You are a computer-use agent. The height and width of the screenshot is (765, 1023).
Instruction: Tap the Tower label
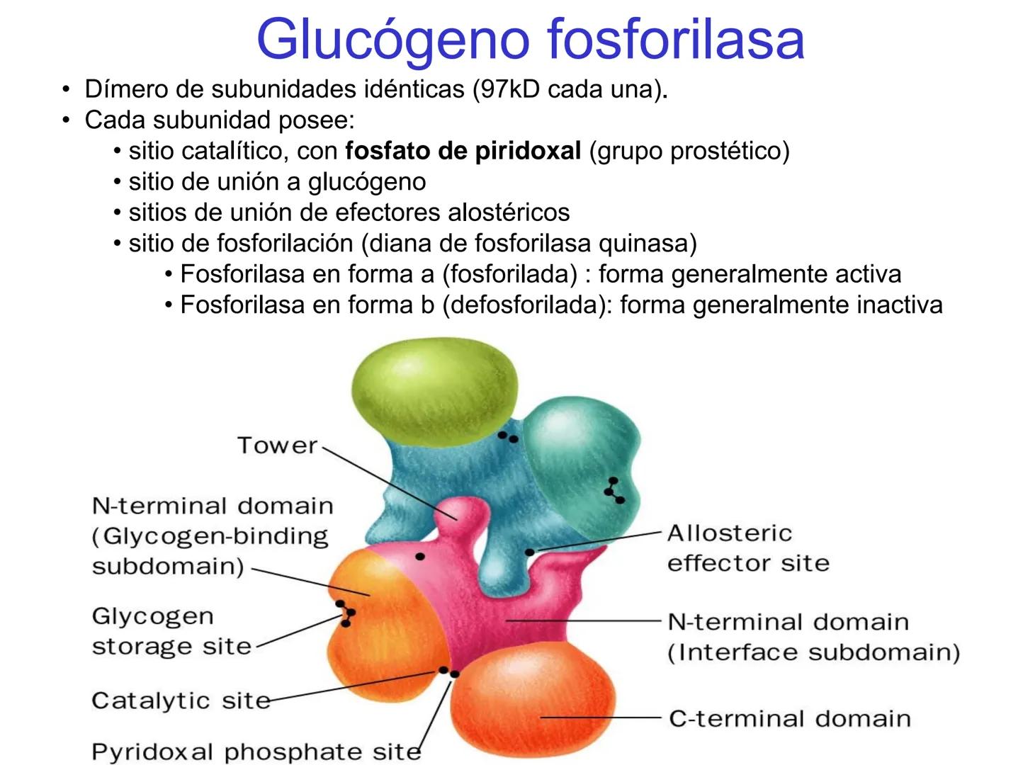tap(277, 446)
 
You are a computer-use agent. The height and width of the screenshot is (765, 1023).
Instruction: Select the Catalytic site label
tap(181, 701)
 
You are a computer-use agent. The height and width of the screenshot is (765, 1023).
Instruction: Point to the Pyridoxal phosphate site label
tap(256, 752)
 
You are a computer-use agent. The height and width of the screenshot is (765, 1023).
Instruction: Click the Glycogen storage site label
tap(171, 631)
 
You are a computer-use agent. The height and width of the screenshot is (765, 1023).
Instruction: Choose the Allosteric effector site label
tap(747, 548)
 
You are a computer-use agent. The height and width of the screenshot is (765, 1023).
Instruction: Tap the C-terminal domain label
tap(790, 718)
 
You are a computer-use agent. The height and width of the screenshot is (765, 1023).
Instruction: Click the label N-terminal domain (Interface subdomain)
tap(813, 637)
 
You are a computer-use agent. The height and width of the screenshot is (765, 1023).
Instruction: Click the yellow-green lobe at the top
tap(435, 387)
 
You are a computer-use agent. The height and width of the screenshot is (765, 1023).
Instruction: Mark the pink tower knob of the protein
tap(461, 511)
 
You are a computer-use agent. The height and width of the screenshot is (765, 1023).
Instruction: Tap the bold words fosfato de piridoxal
tap(463, 151)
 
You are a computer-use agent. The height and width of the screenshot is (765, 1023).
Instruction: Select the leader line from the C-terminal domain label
tap(602, 718)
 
